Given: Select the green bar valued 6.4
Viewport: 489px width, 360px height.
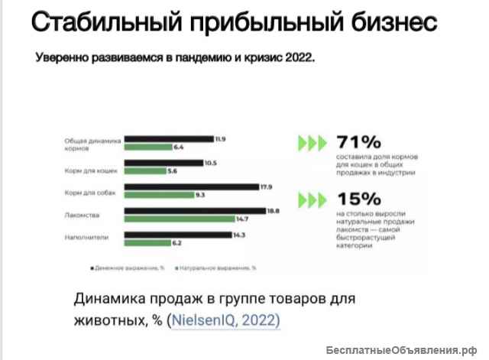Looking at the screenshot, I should (148, 147).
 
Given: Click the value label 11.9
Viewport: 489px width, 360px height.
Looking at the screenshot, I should (221, 138).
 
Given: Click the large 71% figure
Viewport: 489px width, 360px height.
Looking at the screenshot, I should (358, 142).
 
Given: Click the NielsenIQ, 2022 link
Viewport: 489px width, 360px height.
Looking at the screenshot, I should (226, 319).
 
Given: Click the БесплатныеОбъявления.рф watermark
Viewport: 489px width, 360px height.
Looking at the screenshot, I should (406, 350).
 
